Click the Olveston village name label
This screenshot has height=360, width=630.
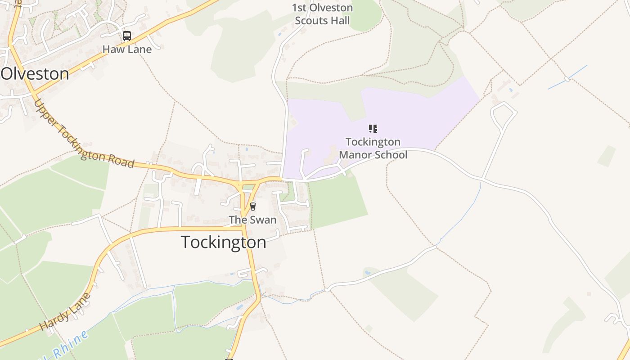pos(35,74)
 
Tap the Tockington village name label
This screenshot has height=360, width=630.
pos(224,242)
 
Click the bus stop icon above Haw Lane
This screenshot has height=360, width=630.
pos(127,36)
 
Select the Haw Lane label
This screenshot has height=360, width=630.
pos(127,49)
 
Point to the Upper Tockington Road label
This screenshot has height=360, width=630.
pos(84,135)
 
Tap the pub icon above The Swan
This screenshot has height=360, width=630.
pos(253,206)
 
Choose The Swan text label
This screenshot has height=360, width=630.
pos(252,220)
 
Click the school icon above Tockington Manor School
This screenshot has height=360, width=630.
pos(373,129)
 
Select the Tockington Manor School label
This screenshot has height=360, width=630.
pos(373,148)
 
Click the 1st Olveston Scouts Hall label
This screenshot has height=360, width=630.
pos(322,14)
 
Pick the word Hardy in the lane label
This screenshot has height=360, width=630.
pos(54,320)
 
